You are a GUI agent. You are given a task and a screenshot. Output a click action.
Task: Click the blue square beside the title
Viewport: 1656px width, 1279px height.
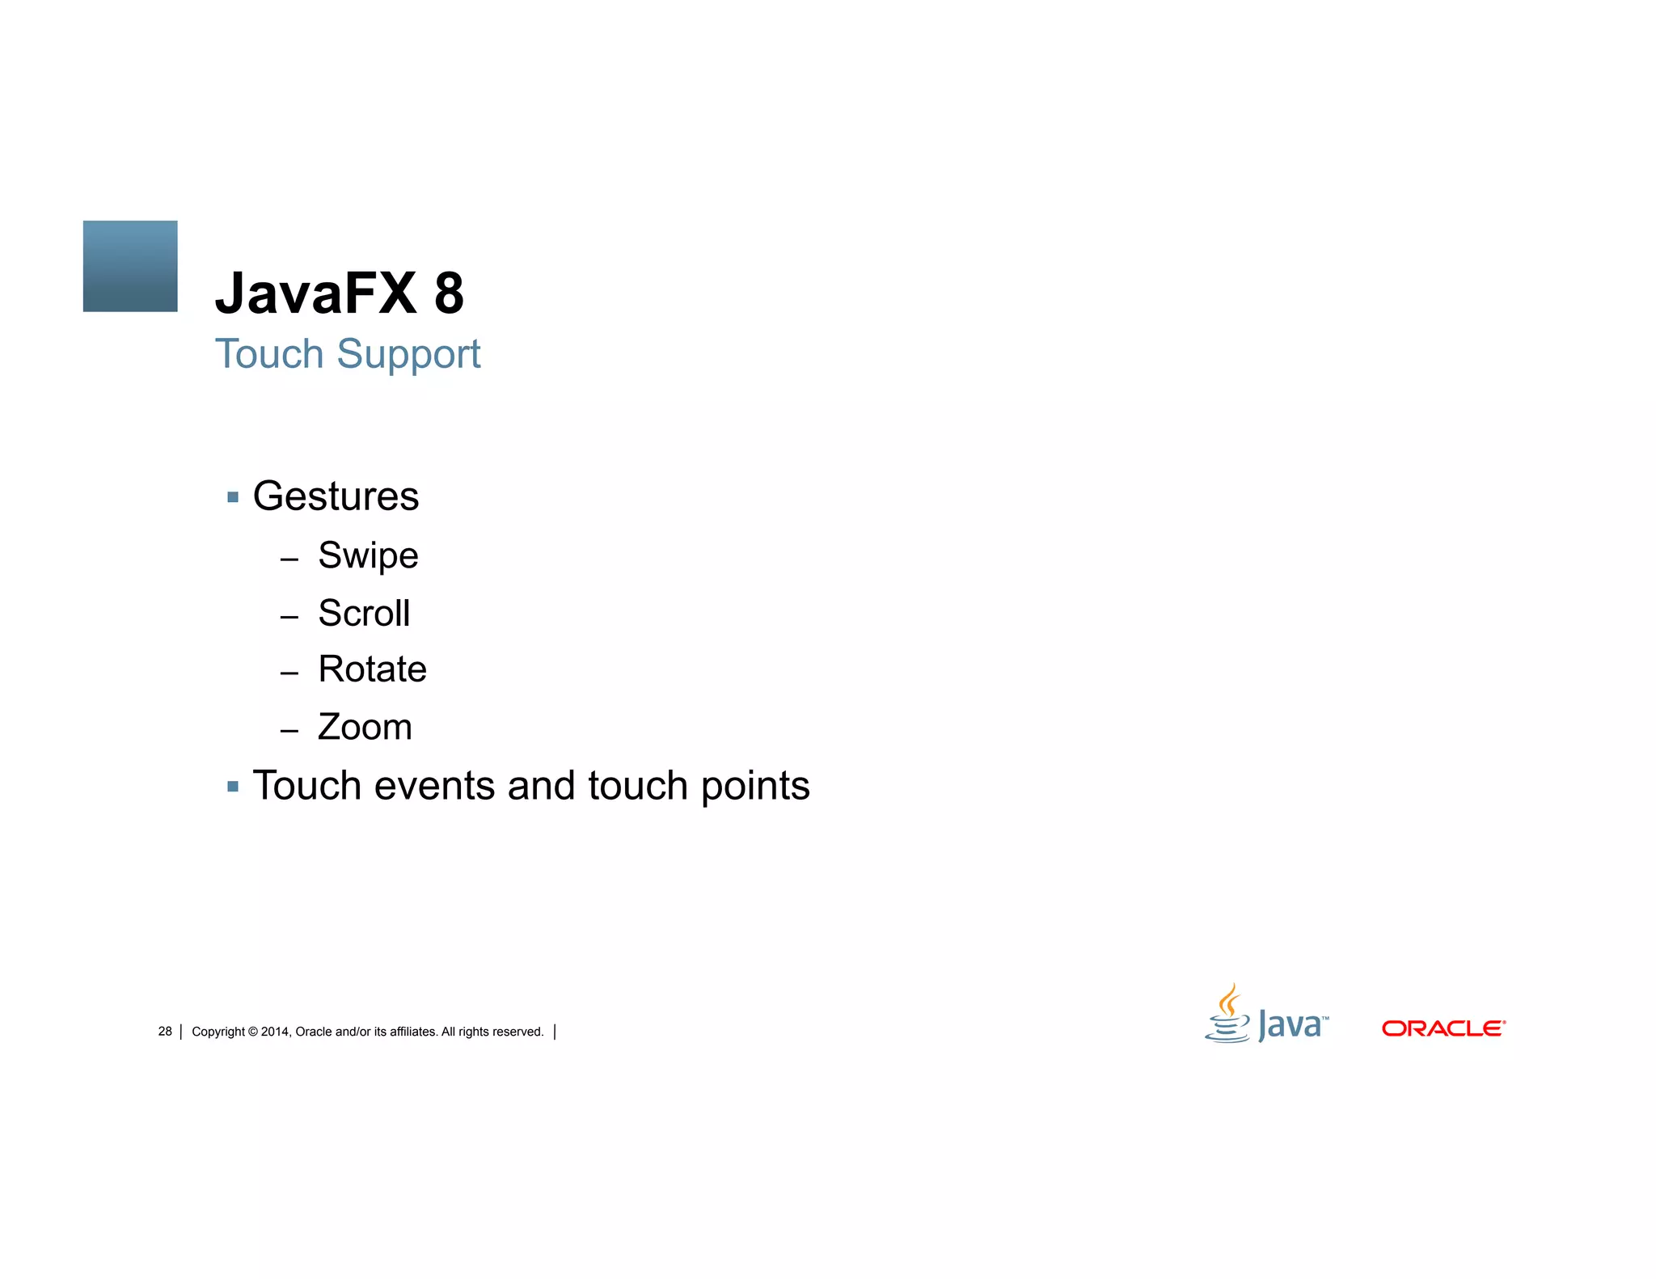[130, 266]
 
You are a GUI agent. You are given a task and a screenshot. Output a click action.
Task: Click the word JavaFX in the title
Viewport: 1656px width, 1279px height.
[316, 293]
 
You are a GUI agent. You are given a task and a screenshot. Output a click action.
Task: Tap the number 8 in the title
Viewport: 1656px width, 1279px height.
[449, 293]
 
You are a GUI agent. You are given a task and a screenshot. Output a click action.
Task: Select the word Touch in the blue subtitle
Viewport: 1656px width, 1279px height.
[269, 354]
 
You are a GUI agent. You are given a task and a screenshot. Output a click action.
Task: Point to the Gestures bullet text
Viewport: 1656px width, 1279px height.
[336, 496]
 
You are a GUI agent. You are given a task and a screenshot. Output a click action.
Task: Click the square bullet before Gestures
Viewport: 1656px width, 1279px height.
[233, 497]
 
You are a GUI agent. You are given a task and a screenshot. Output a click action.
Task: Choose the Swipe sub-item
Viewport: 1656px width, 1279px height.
[368, 555]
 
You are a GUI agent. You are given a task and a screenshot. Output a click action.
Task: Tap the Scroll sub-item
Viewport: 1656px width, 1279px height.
[364, 613]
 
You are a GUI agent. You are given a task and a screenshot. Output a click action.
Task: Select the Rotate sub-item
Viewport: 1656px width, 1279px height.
[372, 669]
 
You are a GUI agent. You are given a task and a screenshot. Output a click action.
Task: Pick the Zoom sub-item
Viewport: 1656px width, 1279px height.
[365, 727]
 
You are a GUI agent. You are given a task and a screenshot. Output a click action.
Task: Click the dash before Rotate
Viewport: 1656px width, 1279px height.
[289, 673]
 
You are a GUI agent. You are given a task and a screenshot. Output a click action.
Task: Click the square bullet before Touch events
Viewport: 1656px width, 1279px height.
[233, 786]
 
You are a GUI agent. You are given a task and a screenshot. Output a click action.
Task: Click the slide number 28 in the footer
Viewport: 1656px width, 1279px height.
[165, 1032]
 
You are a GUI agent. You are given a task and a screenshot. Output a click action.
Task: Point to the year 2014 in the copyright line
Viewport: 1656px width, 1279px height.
[274, 1032]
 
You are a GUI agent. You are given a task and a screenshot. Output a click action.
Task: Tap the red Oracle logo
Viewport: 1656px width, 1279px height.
[1443, 1028]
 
